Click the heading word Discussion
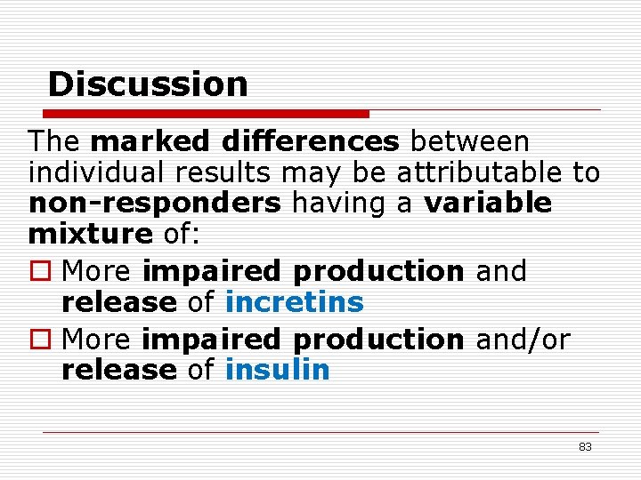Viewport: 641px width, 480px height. coord(148,84)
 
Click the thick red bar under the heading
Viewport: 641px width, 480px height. coord(207,114)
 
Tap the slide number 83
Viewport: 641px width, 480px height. coord(585,446)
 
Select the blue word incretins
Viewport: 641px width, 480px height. coord(295,302)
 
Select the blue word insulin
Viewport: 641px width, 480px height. coord(278,370)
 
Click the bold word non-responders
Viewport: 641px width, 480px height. coord(155,204)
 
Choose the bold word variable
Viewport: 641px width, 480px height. coord(488,204)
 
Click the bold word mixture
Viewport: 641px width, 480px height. coord(91,235)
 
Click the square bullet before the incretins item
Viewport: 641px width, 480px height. coord(38,270)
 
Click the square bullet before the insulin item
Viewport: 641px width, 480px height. coord(38,340)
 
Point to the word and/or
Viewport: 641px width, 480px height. coord(523,339)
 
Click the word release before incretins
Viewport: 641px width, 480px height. coord(119,302)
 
